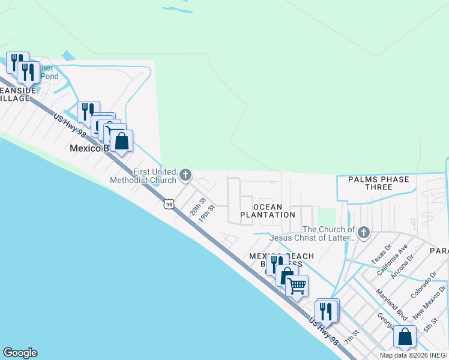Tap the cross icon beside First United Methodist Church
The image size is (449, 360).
(185, 175)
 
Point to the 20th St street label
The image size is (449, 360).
(198, 207)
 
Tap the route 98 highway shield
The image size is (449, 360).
(170, 205)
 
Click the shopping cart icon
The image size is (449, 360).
(297, 286)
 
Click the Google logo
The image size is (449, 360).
(20, 353)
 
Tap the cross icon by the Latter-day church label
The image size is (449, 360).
(363, 232)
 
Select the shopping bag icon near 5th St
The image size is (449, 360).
(405, 337)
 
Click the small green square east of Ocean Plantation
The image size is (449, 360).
(326, 217)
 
